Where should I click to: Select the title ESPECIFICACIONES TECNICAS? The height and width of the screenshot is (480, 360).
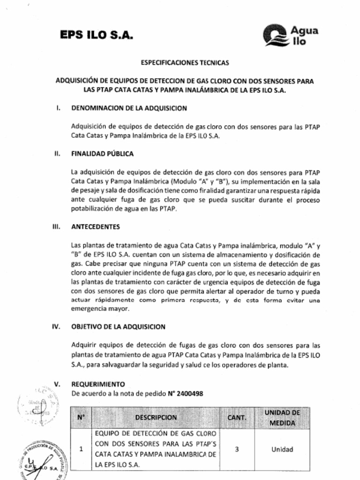tap(185, 62)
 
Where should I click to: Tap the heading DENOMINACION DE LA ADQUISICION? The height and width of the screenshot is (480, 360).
tap(129, 108)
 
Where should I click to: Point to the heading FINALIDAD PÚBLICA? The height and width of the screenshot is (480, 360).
tap(102, 153)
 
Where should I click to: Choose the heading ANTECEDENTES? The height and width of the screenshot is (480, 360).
tap(96, 226)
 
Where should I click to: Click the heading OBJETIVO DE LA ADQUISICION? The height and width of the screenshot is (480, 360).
tap(118, 327)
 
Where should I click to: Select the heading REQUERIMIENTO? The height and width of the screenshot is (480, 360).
tap(98, 384)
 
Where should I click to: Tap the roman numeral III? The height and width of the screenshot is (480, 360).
tap(56, 226)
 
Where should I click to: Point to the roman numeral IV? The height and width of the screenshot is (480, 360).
tap(56, 327)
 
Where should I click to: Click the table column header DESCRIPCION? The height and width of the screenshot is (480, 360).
tap(156, 417)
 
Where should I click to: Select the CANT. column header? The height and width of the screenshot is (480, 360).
tap(237, 417)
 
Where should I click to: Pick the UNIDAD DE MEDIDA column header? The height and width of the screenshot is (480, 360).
tap(282, 417)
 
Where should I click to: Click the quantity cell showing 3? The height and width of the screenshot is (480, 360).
tap(237, 449)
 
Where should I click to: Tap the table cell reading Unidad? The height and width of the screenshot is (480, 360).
tap(282, 449)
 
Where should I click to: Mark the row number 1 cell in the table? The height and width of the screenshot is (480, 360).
tap(81, 449)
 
